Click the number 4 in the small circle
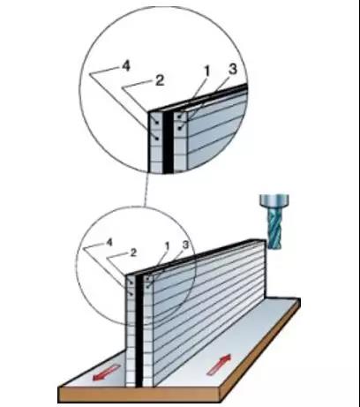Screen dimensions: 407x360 [x=109, y=241]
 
